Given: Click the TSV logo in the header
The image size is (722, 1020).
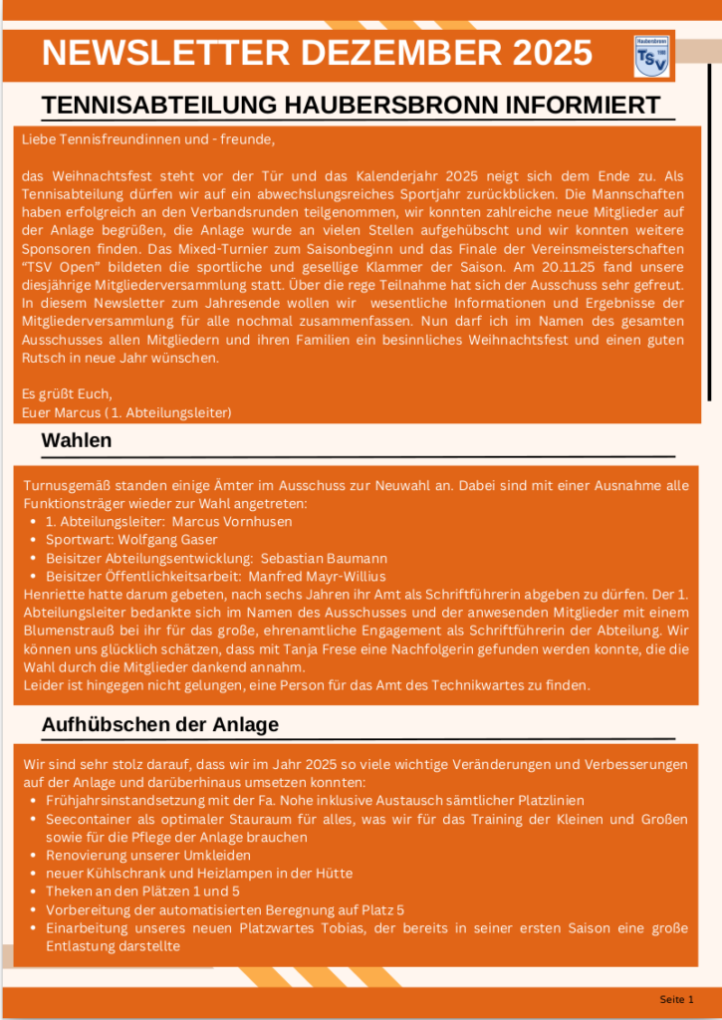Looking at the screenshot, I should click(x=651, y=55).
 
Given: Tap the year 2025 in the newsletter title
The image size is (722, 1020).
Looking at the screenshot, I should click(x=544, y=53).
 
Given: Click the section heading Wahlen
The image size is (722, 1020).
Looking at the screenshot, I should click(x=77, y=440).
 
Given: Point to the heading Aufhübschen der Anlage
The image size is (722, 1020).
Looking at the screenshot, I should click(x=159, y=724).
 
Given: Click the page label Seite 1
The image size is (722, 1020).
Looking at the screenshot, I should click(x=676, y=999).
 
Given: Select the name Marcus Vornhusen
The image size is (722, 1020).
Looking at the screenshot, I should click(x=232, y=522).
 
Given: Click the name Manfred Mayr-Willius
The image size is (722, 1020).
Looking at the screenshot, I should click(x=317, y=577).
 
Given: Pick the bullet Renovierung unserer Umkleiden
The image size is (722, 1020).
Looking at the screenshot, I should click(x=148, y=856).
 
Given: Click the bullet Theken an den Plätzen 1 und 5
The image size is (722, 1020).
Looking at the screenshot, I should click(x=143, y=892).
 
